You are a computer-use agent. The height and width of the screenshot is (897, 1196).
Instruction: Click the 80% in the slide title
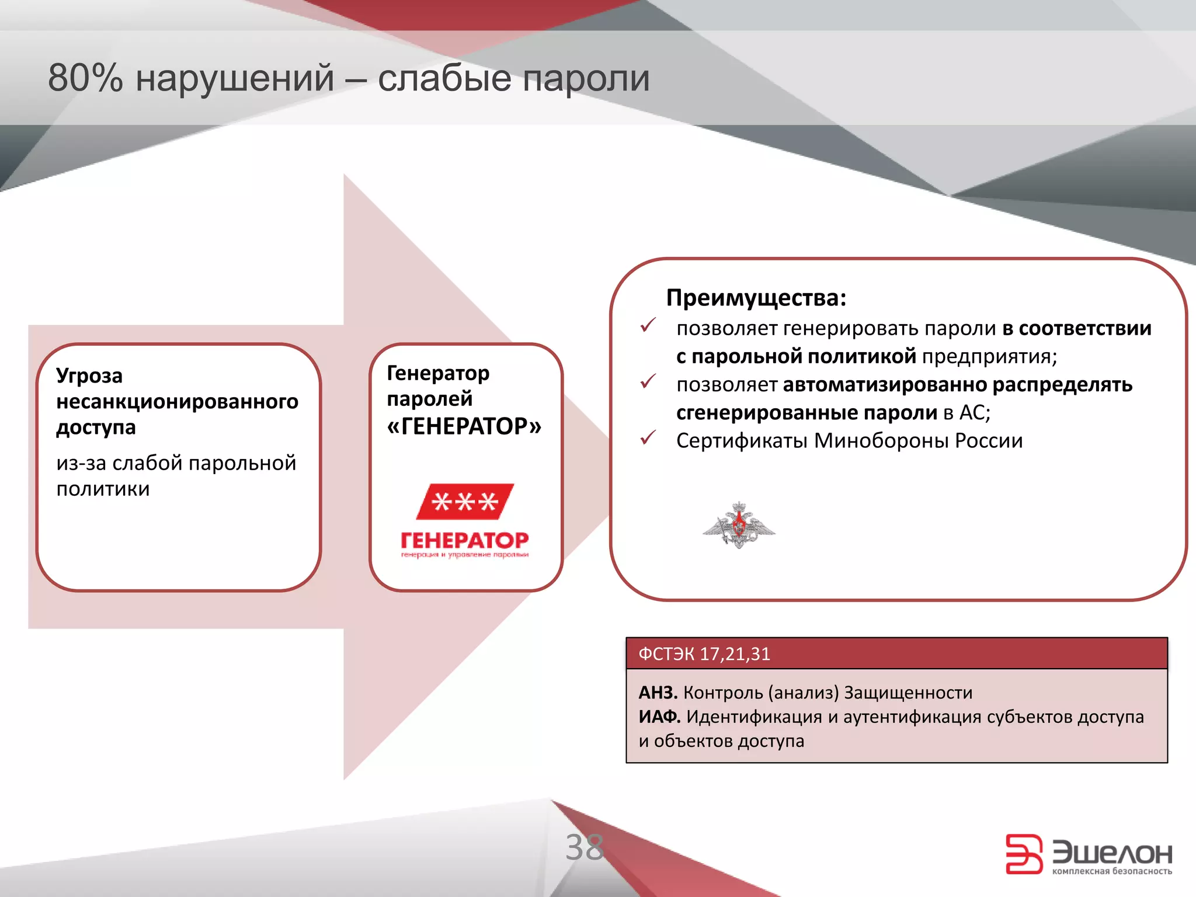pos(85,78)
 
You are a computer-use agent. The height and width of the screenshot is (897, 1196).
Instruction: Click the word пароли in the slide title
pos(585,78)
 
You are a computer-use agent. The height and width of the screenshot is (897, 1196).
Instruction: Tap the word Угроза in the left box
pos(89,376)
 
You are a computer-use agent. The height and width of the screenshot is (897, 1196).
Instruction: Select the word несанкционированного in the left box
pos(177,401)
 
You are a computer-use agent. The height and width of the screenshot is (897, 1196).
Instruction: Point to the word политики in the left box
pos(103,489)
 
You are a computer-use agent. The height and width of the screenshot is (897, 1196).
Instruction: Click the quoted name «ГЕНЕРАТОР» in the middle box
pos(464,426)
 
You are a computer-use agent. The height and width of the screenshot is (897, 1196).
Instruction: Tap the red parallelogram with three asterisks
pos(465,502)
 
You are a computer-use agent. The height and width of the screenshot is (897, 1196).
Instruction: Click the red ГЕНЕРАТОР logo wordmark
pos(465,540)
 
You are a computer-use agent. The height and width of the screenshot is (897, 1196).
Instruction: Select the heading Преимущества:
pos(756,298)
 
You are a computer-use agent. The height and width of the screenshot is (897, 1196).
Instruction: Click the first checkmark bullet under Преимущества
pos(648,326)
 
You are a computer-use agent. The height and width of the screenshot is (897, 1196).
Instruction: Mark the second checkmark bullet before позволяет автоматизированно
pos(648,382)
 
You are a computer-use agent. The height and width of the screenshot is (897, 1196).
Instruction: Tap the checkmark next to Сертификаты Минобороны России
pos(648,438)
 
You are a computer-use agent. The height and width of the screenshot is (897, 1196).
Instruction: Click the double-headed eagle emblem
pos(739,524)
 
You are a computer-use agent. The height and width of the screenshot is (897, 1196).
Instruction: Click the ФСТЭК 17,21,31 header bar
pos(896,653)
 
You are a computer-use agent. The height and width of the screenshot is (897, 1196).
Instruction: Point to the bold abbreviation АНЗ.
pos(658,693)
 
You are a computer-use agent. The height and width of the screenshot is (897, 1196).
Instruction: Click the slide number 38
pos(584,847)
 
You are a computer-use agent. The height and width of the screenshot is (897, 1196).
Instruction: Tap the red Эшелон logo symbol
pos(1023,854)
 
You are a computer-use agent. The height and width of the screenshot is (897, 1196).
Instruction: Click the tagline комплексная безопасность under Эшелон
pos(1111,871)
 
